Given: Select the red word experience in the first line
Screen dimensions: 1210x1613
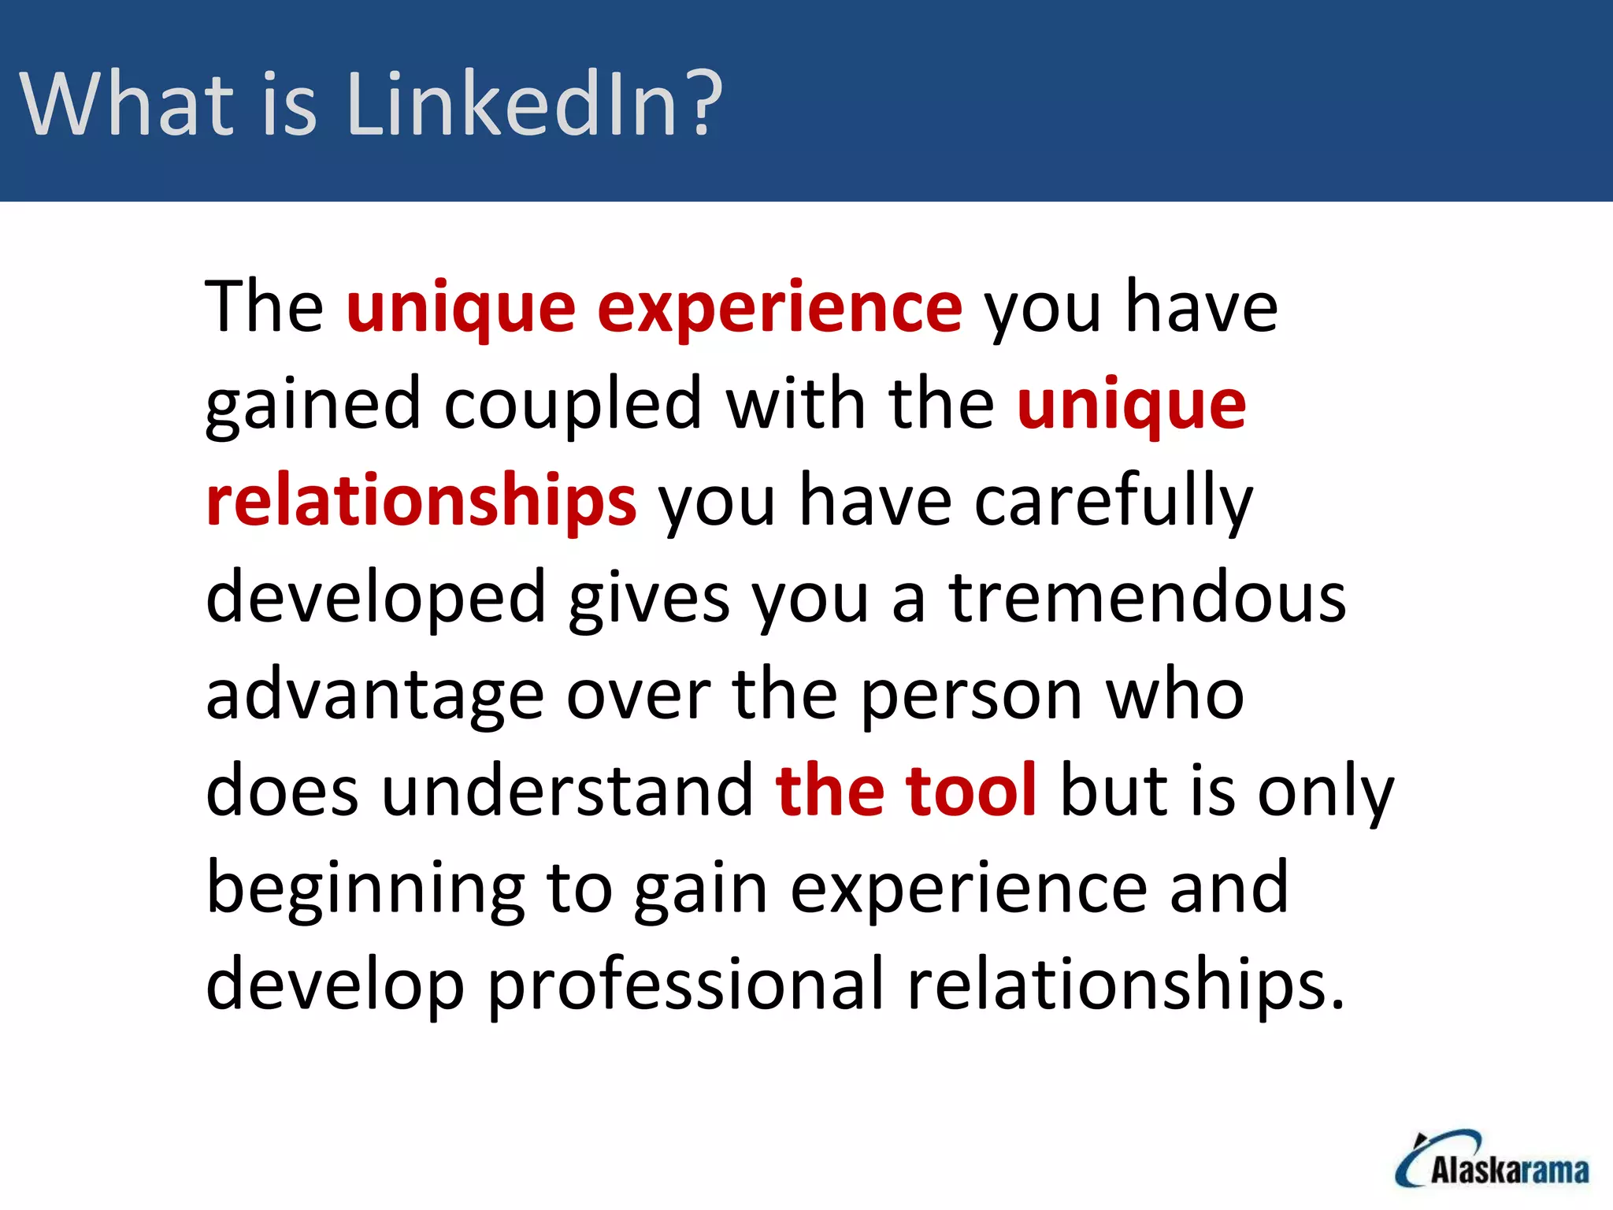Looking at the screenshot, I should tap(780, 309).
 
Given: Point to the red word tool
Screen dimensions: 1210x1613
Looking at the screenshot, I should tap(971, 791).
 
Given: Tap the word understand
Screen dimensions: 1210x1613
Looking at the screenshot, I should tap(568, 791).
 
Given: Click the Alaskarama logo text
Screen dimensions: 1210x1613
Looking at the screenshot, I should tap(1509, 1171).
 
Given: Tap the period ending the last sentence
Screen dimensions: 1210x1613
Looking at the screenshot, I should tap(1337, 1005).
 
